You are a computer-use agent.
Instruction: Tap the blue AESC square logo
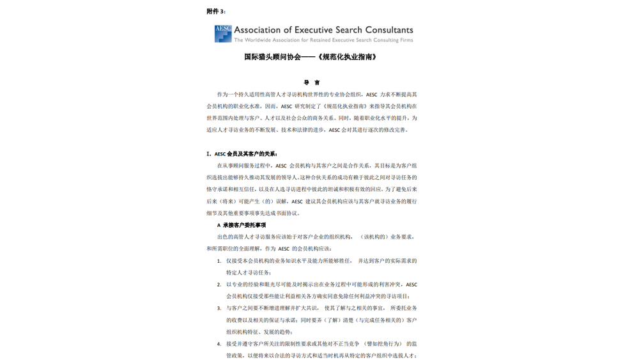pyautogui.click(x=223, y=33)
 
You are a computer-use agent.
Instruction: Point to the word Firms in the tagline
pyautogui.click(x=405, y=40)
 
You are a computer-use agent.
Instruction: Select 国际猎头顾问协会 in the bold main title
pyautogui.click(x=272, y=57)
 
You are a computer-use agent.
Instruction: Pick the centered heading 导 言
pyautogui.click(x=312, y=82)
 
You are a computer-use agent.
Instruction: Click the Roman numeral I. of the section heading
pyautogui.click(x=209, y=154)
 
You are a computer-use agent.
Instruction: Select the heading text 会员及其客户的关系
pyautogui.click(x=252, y=154)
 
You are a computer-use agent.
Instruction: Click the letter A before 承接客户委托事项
pyautogui.click(x=219, y=225)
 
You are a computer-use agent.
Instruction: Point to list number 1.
pyautogui.click(x=219, y=261)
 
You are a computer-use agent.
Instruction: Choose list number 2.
pyautogui.click(x=219, y=285)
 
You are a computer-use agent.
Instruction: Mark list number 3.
pyautogui.click(x=219, y=308)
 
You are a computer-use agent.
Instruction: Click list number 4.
pyautogui.click(x=219, y=344)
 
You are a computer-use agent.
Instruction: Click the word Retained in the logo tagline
pyautogui.click(x=318, y=40)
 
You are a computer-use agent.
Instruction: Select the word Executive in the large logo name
pyautogui.click(x=311, y=30)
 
